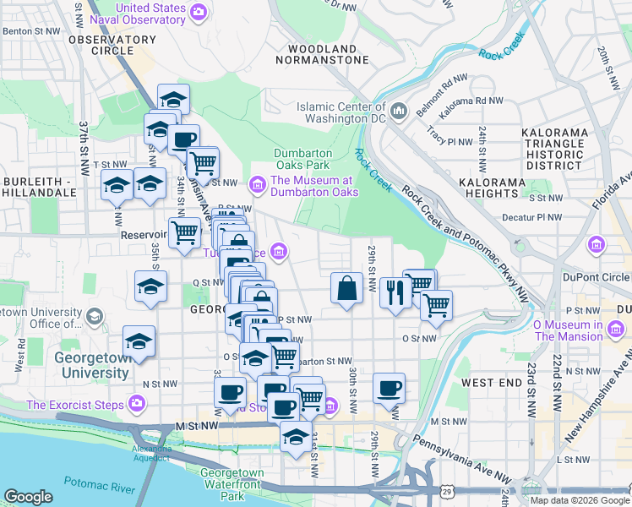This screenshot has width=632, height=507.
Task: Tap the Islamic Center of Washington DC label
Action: (x=341, y=112)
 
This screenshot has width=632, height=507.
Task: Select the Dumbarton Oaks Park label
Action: (x=302, y=160)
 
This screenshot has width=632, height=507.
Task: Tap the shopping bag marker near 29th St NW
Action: (x=347, y=287)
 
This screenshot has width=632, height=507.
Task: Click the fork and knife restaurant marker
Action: (x=395, y=292)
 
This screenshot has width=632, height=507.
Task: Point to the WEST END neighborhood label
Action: (x=490, y=383)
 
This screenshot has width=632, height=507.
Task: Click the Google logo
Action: (x=28, y=497)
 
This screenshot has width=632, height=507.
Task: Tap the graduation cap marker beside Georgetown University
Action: (x=139, y=341)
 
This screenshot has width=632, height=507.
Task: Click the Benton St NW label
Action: (x=32, y=30)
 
